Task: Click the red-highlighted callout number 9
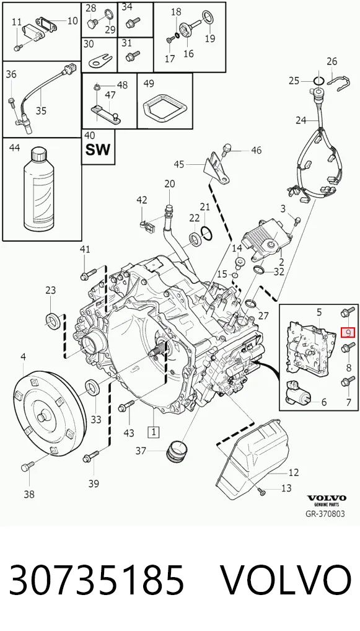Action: point(348,332)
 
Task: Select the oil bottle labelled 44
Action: point(42,188)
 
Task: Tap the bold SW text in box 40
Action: point(98,150)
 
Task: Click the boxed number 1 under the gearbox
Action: point(154,432)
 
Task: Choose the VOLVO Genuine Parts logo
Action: point(327,500)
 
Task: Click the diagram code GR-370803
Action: point(325,514)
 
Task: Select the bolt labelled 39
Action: point(91,457)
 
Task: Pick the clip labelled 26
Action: point(335,81)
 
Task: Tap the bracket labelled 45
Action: point(217,169)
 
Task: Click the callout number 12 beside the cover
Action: point(294,472)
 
